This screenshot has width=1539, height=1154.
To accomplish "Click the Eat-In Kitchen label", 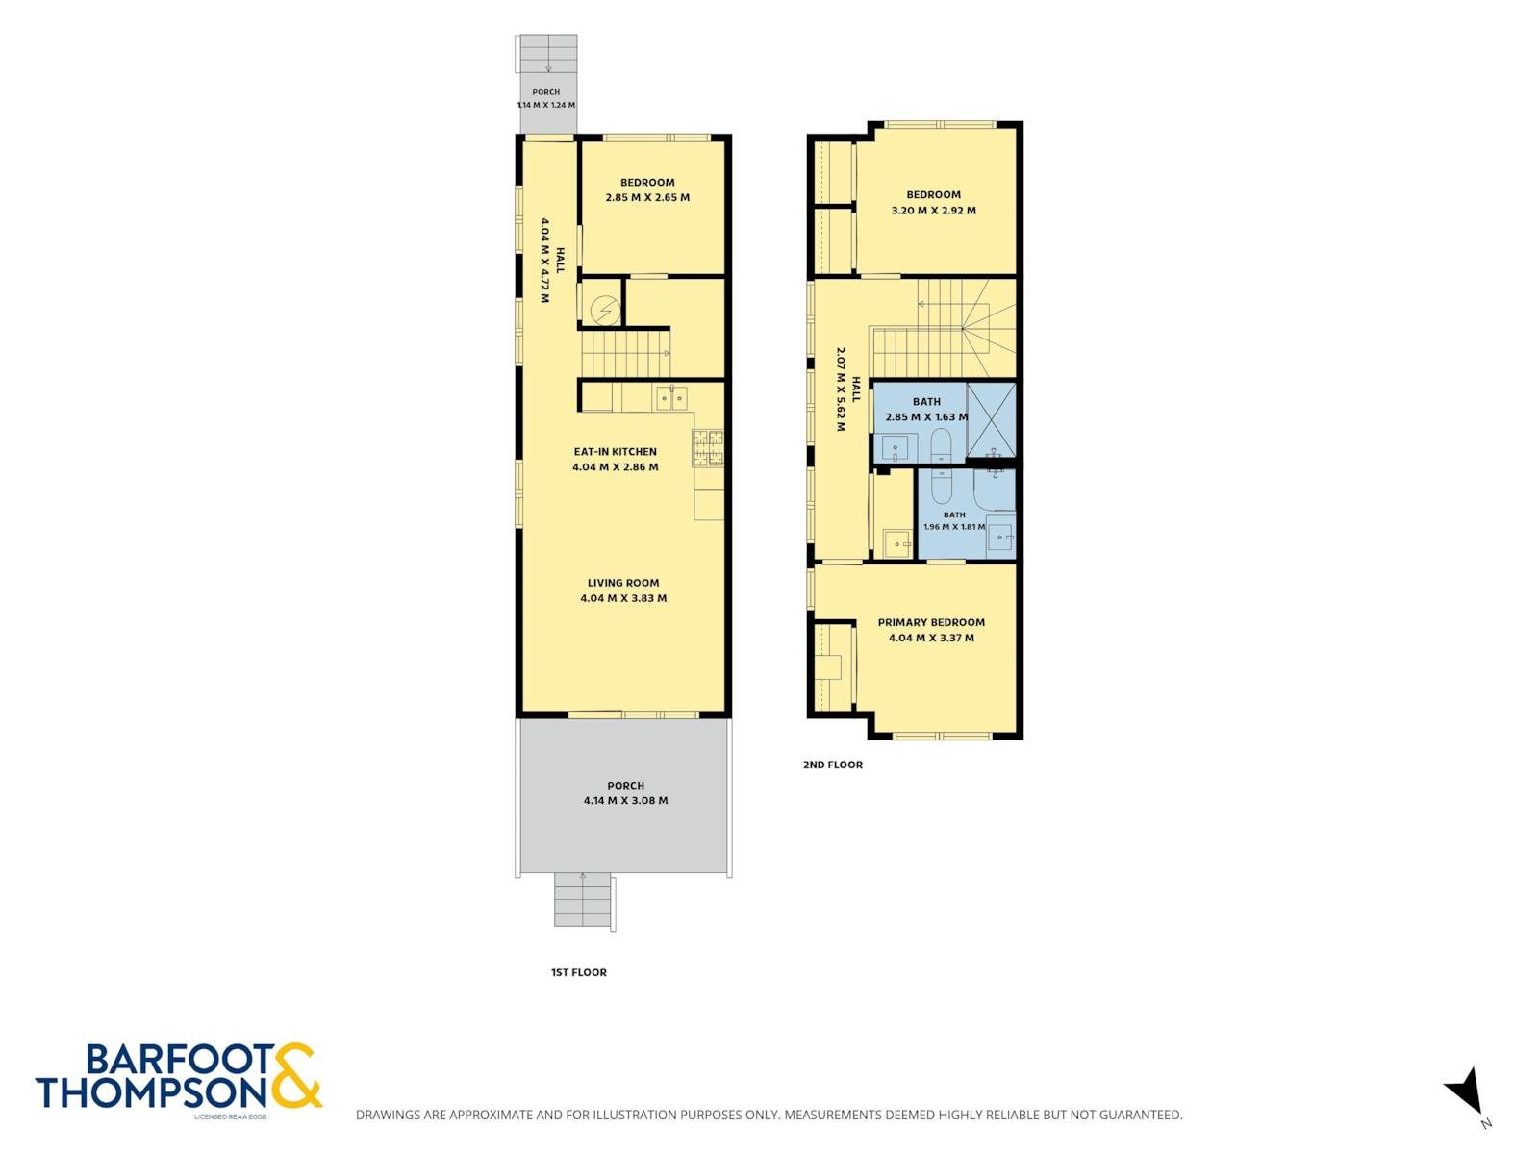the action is coord(615,452).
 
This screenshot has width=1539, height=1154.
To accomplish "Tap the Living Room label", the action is coord(623,583).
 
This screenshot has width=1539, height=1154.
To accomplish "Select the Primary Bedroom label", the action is coord(931,622).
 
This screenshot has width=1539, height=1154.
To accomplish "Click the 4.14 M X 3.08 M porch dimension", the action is coord(625,800).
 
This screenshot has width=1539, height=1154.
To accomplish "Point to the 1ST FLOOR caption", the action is coord(578,972).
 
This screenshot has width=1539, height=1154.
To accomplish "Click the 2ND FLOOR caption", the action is coord(833,765).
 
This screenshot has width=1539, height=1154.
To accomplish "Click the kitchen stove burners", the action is coord(708,448).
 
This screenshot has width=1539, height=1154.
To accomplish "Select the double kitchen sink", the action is coord(672,398).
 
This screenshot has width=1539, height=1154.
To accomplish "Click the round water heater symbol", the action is coord(604,309).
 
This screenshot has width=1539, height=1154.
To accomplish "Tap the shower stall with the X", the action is coord(992,420).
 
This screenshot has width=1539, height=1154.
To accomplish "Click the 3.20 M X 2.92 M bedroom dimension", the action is coord(933,211).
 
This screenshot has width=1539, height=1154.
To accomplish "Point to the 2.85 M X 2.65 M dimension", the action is coord(647,197).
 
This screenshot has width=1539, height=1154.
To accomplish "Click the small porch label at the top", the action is coord(545,92).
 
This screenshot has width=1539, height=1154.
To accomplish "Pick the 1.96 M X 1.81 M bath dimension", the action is coord(954,527).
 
